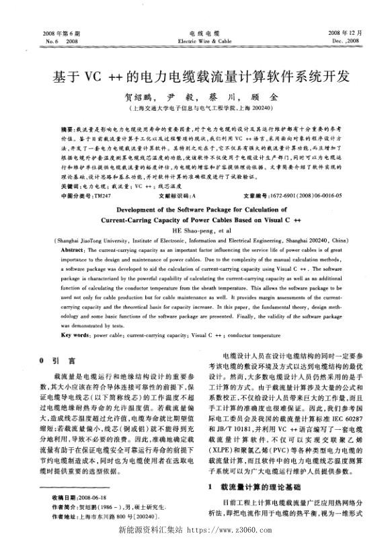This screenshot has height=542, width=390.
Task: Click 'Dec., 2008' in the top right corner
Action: pos(344,41)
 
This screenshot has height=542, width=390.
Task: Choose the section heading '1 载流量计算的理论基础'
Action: pos(250,485)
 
